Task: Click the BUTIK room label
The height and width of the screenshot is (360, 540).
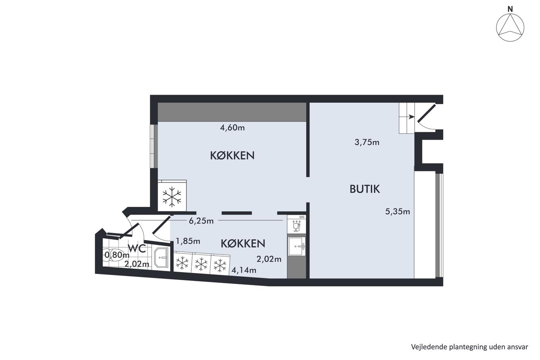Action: [x=365, y=189]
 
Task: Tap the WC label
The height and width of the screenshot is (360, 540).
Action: [x=137, y=248]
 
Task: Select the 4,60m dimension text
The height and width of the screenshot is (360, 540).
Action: [x=232, y=128]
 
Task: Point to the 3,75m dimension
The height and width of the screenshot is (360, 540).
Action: [x=367, y=142]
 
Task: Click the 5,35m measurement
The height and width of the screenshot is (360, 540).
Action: [x=398, y=211]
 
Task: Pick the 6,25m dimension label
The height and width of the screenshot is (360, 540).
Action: [x=201, y=221]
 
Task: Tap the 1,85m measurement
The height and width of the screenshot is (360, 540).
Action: [x=188, y=241]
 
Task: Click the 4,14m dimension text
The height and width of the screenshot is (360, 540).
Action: [x=244, y=270]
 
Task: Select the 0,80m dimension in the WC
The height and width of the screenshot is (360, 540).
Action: [x=117, y=254]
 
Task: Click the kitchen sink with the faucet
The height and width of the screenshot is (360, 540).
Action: [x=297, y=246]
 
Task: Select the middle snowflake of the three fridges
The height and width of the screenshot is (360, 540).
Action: [x=201, y=264]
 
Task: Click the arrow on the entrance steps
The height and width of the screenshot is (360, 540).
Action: [x=411, y=117]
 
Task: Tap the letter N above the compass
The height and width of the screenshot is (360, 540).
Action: [x=510, y=9]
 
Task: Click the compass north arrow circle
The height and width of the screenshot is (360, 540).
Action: [x=510, y=28]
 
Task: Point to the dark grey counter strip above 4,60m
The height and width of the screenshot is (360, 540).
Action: [x=232, y=112]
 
